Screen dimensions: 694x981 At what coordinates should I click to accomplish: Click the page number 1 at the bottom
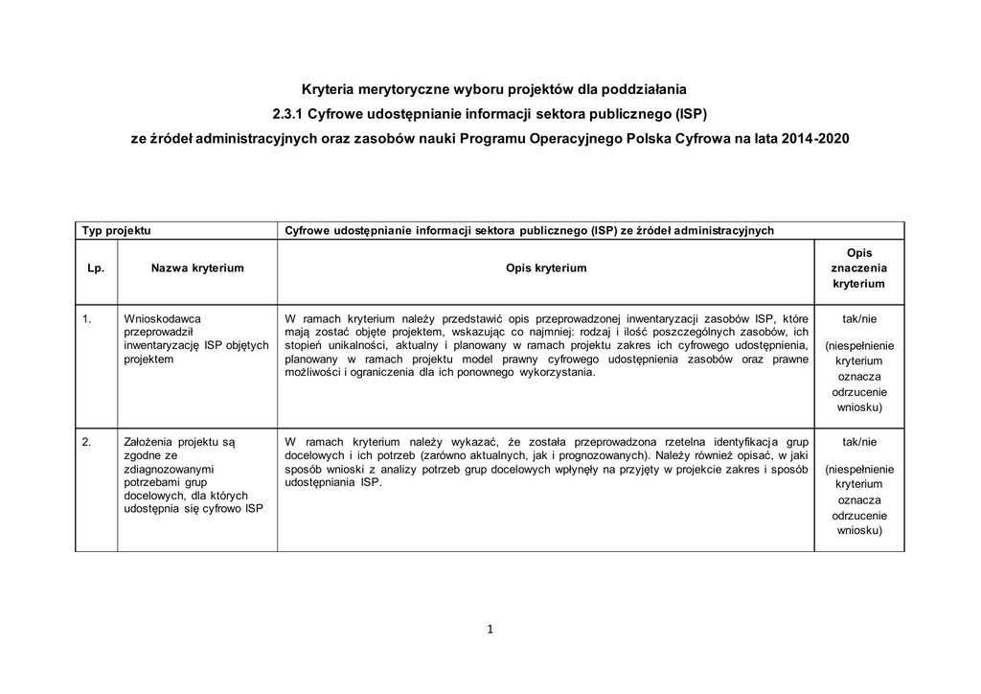[x=490, y=630]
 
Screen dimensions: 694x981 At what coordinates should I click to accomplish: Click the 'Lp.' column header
[x=96, y=268]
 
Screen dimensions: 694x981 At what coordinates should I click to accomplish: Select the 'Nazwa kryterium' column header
[x=197, y=268]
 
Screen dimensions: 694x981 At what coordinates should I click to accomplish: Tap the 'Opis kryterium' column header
[x=546, y=268]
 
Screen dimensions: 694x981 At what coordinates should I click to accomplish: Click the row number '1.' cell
[x=87, y=318]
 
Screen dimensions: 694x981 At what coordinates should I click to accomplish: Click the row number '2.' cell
[x=87, y=442]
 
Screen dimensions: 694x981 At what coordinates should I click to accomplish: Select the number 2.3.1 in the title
[x=288, y=114]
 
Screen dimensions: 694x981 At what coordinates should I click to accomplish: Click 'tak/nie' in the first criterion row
[x=858, y=318]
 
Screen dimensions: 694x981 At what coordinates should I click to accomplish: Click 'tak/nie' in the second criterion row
[x=858, y=442]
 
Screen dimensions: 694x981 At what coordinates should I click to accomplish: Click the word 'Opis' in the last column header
[x=859, y=252]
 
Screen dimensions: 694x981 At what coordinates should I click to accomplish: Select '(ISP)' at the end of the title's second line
[x=687, y=114]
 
